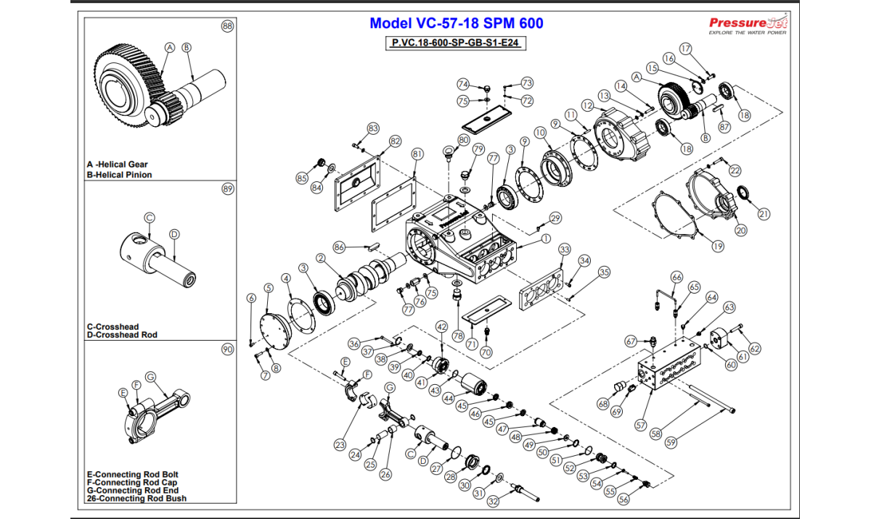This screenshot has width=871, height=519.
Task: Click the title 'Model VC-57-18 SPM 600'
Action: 456,23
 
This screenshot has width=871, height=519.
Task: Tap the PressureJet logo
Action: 748,25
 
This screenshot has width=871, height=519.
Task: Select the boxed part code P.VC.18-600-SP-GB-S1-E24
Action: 454,43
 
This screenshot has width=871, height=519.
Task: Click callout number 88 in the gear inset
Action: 227,26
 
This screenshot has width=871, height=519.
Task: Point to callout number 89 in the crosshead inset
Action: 227,189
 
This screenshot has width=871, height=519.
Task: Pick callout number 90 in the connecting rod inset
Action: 227,349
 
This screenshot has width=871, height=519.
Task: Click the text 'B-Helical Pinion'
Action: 119,175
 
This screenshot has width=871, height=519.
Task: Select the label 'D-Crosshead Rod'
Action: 121,335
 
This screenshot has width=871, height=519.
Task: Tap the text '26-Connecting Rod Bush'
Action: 136,499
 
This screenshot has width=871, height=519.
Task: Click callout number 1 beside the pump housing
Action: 545,238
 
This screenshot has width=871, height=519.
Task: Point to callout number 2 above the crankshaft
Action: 319,257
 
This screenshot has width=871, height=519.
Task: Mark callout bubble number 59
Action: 671,441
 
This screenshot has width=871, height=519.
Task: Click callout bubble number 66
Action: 676,278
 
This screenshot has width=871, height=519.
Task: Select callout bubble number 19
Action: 717,246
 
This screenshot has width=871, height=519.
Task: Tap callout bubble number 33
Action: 565,249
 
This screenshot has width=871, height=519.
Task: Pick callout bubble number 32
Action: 493,501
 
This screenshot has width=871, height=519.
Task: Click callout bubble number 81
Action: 416,154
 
